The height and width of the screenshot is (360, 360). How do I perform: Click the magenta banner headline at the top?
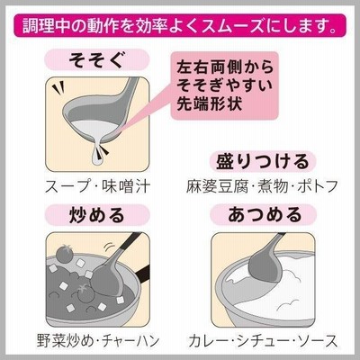[x=180, y=26]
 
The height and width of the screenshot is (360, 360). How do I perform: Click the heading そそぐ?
[x=96, y=59]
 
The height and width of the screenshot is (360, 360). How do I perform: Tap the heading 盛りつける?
[x=263, y=162]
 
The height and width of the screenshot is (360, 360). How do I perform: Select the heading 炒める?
[x=96, y=215]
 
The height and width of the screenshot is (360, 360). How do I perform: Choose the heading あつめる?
[x=264, y=215]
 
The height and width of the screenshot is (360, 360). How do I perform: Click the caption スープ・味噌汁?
[x=97, y=186]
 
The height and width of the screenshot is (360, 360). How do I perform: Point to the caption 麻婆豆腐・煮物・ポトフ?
[x=262, y=186]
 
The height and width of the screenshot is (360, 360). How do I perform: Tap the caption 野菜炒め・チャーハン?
[x=98, y=341]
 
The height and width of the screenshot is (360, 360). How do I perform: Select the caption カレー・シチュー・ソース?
[x=263, y=341]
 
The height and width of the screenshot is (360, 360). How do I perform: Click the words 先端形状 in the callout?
[x=209, y=103]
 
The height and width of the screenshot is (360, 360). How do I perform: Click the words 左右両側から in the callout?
[x=225, y=67]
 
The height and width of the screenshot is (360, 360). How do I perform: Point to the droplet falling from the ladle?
[x=97, y=155]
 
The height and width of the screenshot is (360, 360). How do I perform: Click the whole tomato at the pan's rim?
[x=64, y=254]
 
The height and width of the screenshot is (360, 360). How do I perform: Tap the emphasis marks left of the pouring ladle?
[x=58, y=88]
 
